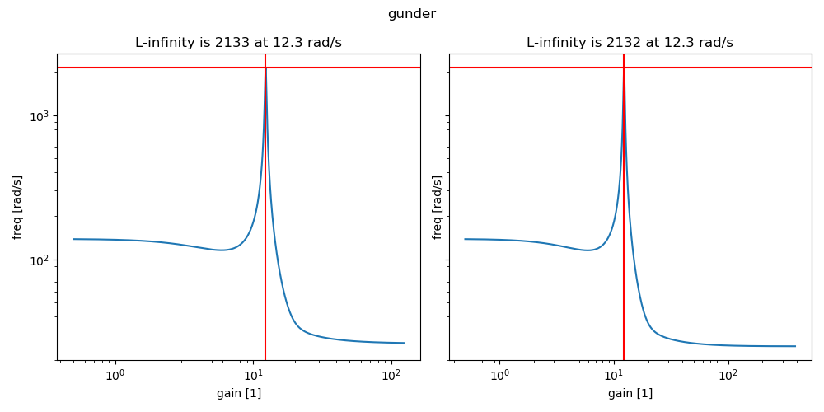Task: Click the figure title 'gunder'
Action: pos(411,14)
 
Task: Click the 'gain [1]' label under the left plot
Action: pos(239,394)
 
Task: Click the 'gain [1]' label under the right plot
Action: pos(630,394)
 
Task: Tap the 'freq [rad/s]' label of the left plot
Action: pos(17,207)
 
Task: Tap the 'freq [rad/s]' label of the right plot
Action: pos(437,207)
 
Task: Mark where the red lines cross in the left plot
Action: pos(265,68)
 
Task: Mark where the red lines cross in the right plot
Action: pos(624,68)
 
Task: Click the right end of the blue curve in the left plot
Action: pos(404,343)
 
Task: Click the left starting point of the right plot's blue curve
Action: pos(465,239)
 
